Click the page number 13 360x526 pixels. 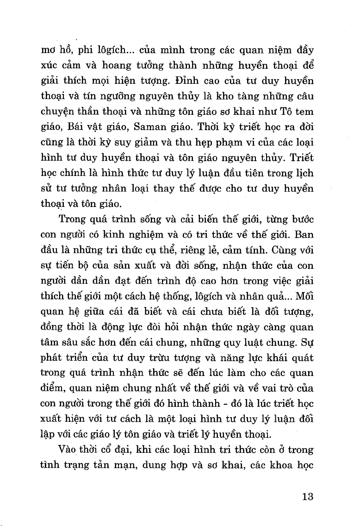pos(307,497)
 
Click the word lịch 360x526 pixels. pos(304,171)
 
